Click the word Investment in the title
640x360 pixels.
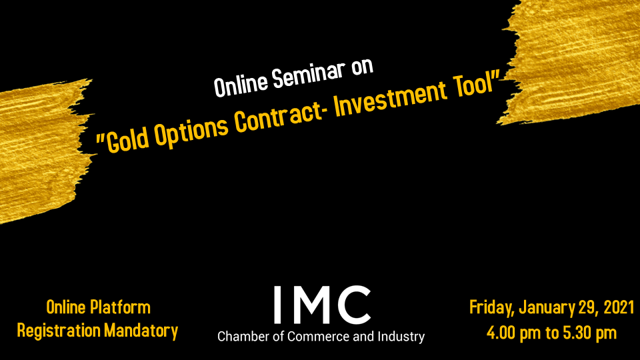point(390,99)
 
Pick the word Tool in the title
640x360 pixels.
point(473,87)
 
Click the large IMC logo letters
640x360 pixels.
point(321,305)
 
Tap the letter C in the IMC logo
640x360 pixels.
point(354,305)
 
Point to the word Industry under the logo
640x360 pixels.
point(401,337)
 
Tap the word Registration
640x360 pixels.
point(59,331)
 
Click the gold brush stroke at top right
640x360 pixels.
point(571,61)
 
